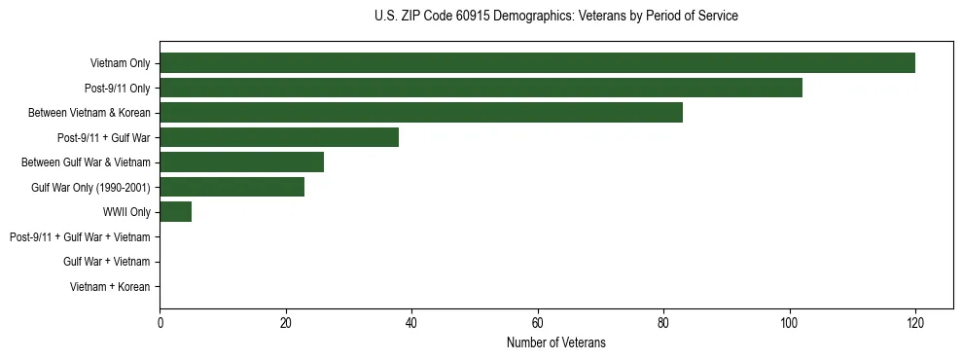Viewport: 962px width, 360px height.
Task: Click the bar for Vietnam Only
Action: click(537, 63)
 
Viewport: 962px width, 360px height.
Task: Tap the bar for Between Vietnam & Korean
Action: click(421, 113)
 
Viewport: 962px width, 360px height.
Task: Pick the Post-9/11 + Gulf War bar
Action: click(279, 137)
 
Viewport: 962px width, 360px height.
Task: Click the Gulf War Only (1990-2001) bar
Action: click(232, 187)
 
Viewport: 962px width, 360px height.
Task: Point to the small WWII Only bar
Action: click(175, 212)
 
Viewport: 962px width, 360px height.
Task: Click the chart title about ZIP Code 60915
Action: click(555, 17)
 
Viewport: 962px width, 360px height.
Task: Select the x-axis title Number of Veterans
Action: click(555, 342)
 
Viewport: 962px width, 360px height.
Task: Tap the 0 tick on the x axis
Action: click(160, 324)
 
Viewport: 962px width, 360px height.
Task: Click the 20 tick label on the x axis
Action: click(285, 324)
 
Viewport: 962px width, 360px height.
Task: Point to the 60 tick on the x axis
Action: click(537, 324)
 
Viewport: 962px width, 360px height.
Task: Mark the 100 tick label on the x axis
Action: click(789, 324)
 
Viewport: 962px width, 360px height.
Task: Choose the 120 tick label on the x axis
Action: click(914, 324)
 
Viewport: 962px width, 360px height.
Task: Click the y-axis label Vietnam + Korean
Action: click(110, 287)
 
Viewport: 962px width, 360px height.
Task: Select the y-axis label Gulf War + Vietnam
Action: click(106, 262)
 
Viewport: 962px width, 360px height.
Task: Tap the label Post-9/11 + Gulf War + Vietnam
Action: click(80, 236)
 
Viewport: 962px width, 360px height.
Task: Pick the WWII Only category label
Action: click(125, 212)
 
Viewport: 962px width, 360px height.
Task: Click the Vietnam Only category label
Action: click(120, 63)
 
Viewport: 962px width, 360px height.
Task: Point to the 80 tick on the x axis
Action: click(663, 324)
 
